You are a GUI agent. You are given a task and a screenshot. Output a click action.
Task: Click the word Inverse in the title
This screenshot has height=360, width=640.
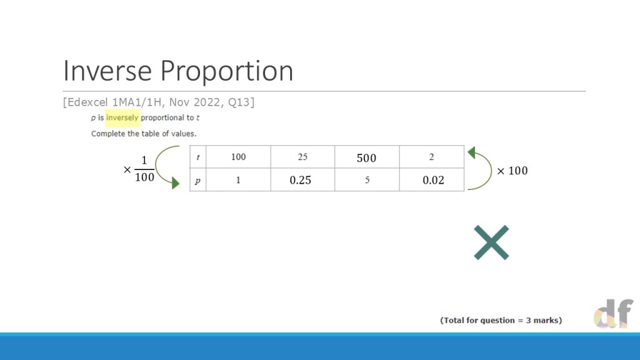[107, 71]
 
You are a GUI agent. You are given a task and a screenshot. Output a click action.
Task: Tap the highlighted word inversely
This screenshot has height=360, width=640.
[122, 117]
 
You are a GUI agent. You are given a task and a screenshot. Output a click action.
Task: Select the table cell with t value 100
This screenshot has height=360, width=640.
[238, 157]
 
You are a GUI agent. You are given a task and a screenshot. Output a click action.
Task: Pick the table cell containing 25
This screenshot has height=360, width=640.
[302, 157]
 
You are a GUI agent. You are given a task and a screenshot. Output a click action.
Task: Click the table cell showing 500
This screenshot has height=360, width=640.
[366, 157]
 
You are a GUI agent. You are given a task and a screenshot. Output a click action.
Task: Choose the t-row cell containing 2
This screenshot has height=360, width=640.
[431, 157]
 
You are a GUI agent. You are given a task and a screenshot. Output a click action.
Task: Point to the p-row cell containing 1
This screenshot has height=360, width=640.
[238, 179]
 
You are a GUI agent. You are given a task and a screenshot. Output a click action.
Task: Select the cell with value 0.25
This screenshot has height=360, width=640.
[302, 179]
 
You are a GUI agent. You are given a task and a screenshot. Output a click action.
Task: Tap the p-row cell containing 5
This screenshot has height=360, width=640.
[367, 179]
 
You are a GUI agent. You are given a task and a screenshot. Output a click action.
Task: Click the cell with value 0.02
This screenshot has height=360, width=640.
[432, 179]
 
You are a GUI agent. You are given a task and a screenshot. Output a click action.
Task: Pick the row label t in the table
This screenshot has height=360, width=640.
[198, 157]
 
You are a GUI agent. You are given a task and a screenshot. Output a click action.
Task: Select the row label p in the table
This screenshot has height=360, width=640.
[198, 179]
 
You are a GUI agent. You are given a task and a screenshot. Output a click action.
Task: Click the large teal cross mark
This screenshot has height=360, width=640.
[491, 242]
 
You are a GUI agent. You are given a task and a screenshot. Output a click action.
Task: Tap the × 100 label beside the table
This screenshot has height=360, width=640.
[512, 171]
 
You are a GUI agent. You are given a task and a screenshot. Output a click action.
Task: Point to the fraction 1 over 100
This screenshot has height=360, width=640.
[144, 169]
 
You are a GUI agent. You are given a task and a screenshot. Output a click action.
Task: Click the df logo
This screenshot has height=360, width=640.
[614, 313]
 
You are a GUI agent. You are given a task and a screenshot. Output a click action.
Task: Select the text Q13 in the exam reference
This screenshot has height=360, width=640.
[241, 102]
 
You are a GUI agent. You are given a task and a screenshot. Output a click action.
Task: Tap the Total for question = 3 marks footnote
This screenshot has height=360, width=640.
[501, 321]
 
